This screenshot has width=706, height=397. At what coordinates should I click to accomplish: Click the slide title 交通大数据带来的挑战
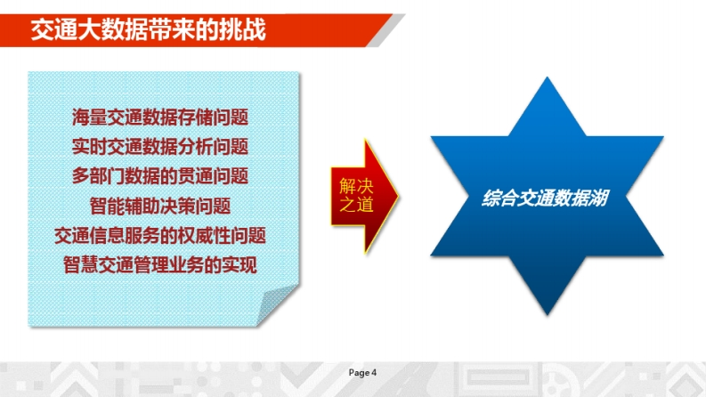click(149, 29)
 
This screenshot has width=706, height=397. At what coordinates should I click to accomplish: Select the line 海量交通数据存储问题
click(160, 117)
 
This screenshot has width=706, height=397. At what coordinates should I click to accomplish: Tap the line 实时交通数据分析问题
click(160, 146)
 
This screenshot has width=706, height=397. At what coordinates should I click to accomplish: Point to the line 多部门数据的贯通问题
click(160, 176)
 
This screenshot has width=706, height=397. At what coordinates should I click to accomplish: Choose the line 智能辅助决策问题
click(160, 206)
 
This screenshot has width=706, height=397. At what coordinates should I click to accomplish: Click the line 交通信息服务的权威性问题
click(160, 235)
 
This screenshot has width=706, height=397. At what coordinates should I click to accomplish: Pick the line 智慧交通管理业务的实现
click(160, 264)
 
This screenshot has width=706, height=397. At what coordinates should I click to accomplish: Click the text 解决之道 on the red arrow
click(356, 195)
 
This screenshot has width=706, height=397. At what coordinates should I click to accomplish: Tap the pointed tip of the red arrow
click(399, 196)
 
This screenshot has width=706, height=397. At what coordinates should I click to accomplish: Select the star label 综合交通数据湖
click(545, 198)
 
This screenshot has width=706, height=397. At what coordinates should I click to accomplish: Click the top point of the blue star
click(547, 77)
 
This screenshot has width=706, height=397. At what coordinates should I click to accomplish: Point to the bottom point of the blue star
click(548, 314)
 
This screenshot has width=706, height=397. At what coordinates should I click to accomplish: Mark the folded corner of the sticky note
click(276, 306)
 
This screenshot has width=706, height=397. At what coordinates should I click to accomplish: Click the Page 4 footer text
click(362, 373)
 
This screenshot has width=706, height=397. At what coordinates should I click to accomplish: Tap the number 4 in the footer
click(374, 373)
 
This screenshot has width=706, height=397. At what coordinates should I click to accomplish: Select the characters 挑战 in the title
click(243, 29)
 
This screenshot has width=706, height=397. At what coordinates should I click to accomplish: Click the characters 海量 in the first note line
click(89, 117)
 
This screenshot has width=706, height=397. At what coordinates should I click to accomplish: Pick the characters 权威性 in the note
click(204, 235)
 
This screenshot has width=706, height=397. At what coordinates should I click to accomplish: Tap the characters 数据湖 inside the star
click(582, 198)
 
